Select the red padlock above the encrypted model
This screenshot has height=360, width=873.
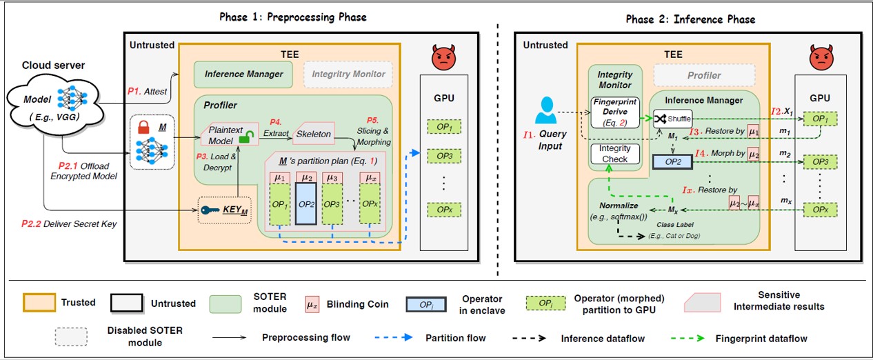pyautogui.click(x=144, y=129)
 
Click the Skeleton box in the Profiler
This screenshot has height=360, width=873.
pyautogui.click(x=314, y=134)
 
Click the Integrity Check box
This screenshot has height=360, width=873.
pyautogui.click(x=615, y=154)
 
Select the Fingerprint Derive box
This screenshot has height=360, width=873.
pyautogui.click(x=615, y=111)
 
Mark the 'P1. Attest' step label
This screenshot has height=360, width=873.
pyautogui.click(x=147, y=90)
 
